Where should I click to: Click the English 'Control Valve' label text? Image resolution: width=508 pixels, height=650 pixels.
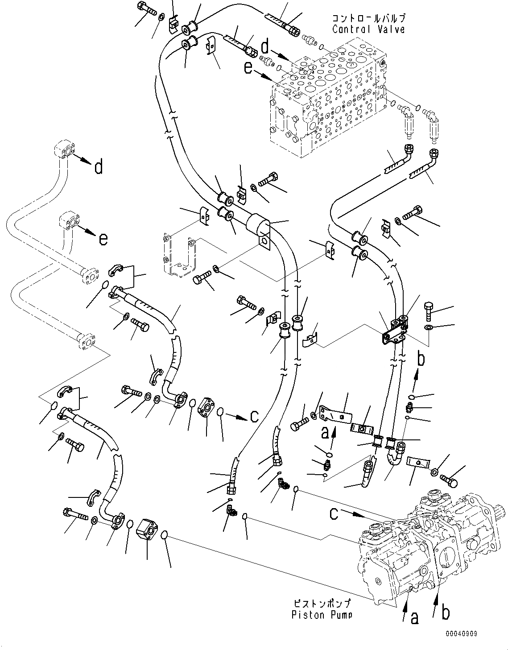click(368, 29)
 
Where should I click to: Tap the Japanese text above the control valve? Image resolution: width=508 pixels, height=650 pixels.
click(368, 19)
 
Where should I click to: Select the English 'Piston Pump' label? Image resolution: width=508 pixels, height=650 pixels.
click(322, 614)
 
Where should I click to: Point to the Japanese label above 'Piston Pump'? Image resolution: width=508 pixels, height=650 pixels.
click(322, 604)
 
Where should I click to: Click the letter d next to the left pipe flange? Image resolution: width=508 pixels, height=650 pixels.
click(98, 167)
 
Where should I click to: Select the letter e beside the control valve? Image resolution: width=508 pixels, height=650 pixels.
click(248, 68)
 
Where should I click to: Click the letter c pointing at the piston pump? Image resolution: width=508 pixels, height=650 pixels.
click(334, 513)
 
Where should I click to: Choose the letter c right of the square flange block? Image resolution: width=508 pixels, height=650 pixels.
click(254, 416)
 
